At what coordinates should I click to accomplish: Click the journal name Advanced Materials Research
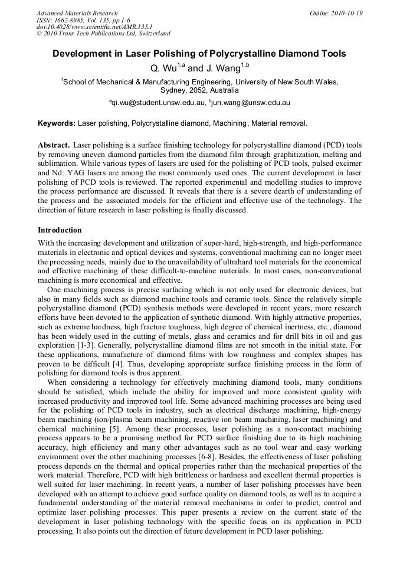[77, 13]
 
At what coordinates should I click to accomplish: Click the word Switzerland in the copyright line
[149, 34]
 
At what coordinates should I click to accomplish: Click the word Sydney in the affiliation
[174, 90]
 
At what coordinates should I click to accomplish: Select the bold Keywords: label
[57, 123]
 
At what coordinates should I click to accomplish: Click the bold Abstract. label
[54, 145]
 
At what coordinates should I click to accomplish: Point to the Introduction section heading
[60, 230]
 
